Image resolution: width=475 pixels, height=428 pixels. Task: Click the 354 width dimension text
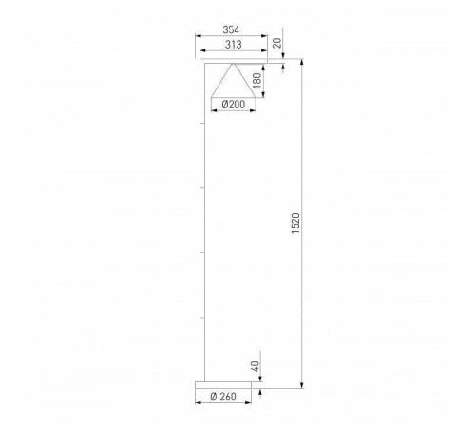click(230, 29)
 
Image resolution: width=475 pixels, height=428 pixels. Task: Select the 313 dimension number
click(230, 45)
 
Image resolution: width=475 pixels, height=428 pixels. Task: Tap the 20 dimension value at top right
click(277, 43)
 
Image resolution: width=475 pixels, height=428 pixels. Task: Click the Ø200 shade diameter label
click(231, 105)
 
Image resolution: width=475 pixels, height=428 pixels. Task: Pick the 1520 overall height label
click(294, 224)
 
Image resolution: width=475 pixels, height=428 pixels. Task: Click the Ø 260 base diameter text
click(227, 397)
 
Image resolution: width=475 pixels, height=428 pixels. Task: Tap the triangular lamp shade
click(233, 80)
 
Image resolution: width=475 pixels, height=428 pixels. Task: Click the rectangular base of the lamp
click(227, 383)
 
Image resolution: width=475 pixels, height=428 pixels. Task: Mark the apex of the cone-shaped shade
click(233, 65)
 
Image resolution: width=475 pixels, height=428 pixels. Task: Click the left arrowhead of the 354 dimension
click(198, 38)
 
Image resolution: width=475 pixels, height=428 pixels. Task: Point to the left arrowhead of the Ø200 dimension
click(211, 112)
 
